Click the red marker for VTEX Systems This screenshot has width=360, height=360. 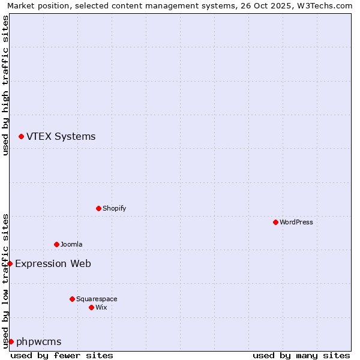(21, 137)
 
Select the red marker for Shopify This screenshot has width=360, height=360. (98, 209)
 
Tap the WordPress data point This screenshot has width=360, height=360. (275, 222)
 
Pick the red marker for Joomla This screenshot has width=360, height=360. (56, 244)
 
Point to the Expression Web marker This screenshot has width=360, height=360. (10, 263)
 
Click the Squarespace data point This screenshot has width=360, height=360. (72, 299)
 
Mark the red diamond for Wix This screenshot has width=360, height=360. (91, 307)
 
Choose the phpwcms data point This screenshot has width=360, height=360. (11, 341)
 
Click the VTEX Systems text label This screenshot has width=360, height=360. (61, 136)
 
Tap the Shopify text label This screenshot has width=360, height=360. (114, 209)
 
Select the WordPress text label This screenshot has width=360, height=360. (296, 222)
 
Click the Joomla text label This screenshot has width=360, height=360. (71, 244)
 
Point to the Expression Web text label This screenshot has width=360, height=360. (53, 263)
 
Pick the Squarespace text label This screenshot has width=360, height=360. (97, 299)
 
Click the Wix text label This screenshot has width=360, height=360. (101, 307)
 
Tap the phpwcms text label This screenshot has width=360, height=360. (38, 341)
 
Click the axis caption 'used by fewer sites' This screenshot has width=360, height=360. (62, 355)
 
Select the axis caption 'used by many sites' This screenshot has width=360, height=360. (301, 355)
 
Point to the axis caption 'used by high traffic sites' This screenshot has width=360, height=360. (5, 85)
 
